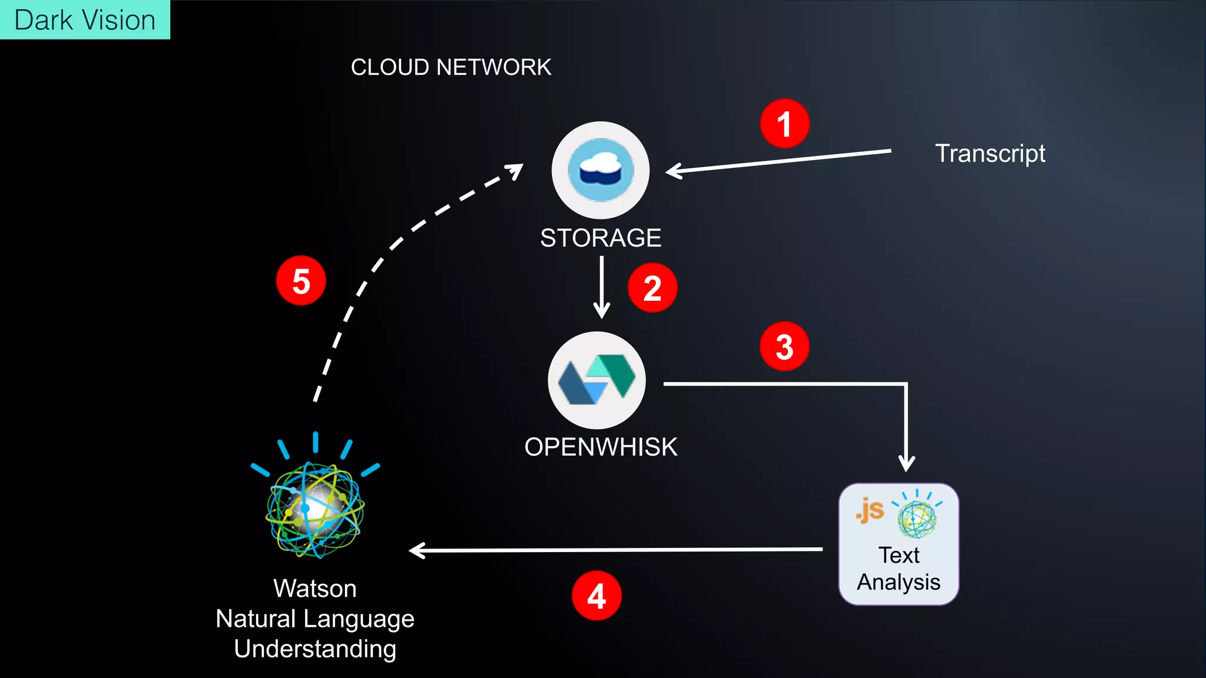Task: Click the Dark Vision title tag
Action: click(85, 20)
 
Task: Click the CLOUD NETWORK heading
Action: click(451, 67)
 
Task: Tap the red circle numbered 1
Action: click(784, 124)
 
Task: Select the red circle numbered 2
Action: click(652, 288)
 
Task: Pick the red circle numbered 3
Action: click(784, 347)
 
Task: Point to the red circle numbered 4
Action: click(597, 596)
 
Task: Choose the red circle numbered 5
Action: click(301, 281)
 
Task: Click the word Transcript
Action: click(990, 154)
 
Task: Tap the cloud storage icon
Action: click(601, 170)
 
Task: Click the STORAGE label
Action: click(601, 238)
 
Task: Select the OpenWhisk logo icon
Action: click(597, 380)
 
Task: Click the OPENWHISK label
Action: click(601, 447)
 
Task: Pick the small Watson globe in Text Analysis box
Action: click(917, 518)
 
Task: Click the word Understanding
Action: click(315, 649)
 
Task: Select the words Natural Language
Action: click(315, 619)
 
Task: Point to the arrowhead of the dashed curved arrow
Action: click(516, 170)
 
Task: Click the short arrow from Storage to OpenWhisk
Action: click(601, 288)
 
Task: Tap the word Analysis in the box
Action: click(899, 582)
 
